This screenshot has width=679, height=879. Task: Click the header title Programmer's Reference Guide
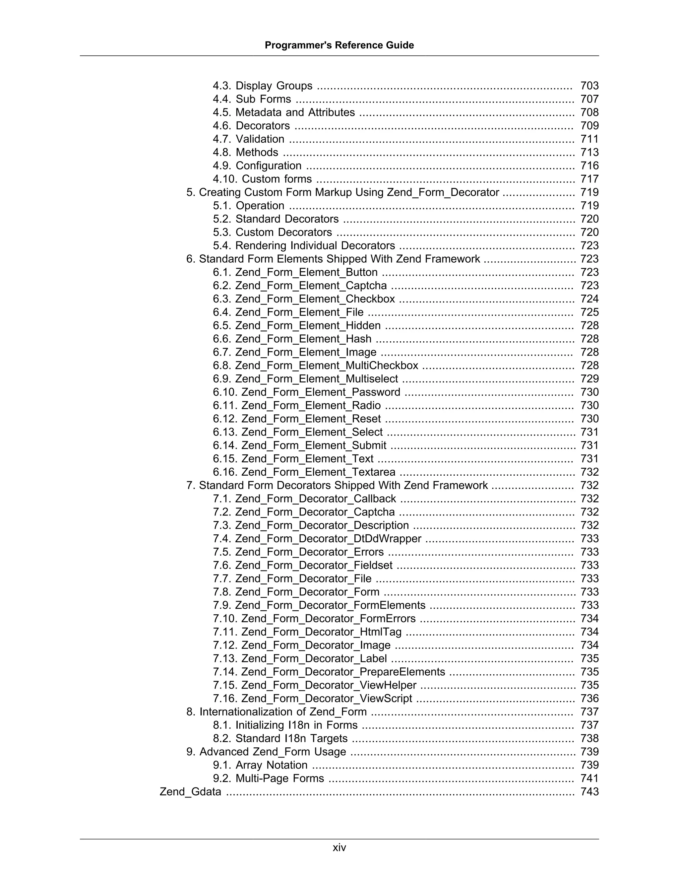tap(339, 45)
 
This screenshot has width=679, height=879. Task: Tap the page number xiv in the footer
tap(339, 847)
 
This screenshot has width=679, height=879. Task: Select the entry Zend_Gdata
tap(190, 792)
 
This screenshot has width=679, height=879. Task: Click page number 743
tap(589, 792)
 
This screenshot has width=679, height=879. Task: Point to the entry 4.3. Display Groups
tap(262, 86)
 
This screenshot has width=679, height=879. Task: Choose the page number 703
tap(589, 86)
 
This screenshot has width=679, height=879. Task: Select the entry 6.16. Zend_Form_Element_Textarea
tap(304, 472)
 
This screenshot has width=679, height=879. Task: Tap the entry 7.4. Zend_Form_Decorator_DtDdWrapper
tap(317, 538)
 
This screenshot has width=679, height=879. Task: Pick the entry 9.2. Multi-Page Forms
tap(268, 778)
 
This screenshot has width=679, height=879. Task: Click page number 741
tap(589, 778)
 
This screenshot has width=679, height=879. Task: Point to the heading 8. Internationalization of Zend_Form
tap(277, 711)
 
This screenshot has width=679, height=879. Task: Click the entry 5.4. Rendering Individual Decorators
tap(304, 245)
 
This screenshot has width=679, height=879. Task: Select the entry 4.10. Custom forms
tap(262, 179)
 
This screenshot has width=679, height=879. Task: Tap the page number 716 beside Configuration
tap(589, 166)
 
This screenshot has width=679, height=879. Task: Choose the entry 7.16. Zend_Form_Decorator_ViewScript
tap(313, 698)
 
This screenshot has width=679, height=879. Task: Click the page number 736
tap(589, 698)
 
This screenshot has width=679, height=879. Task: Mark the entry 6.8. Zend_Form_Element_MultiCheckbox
tap(315, 366)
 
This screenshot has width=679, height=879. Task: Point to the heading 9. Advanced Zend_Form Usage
tap(266, 752)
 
